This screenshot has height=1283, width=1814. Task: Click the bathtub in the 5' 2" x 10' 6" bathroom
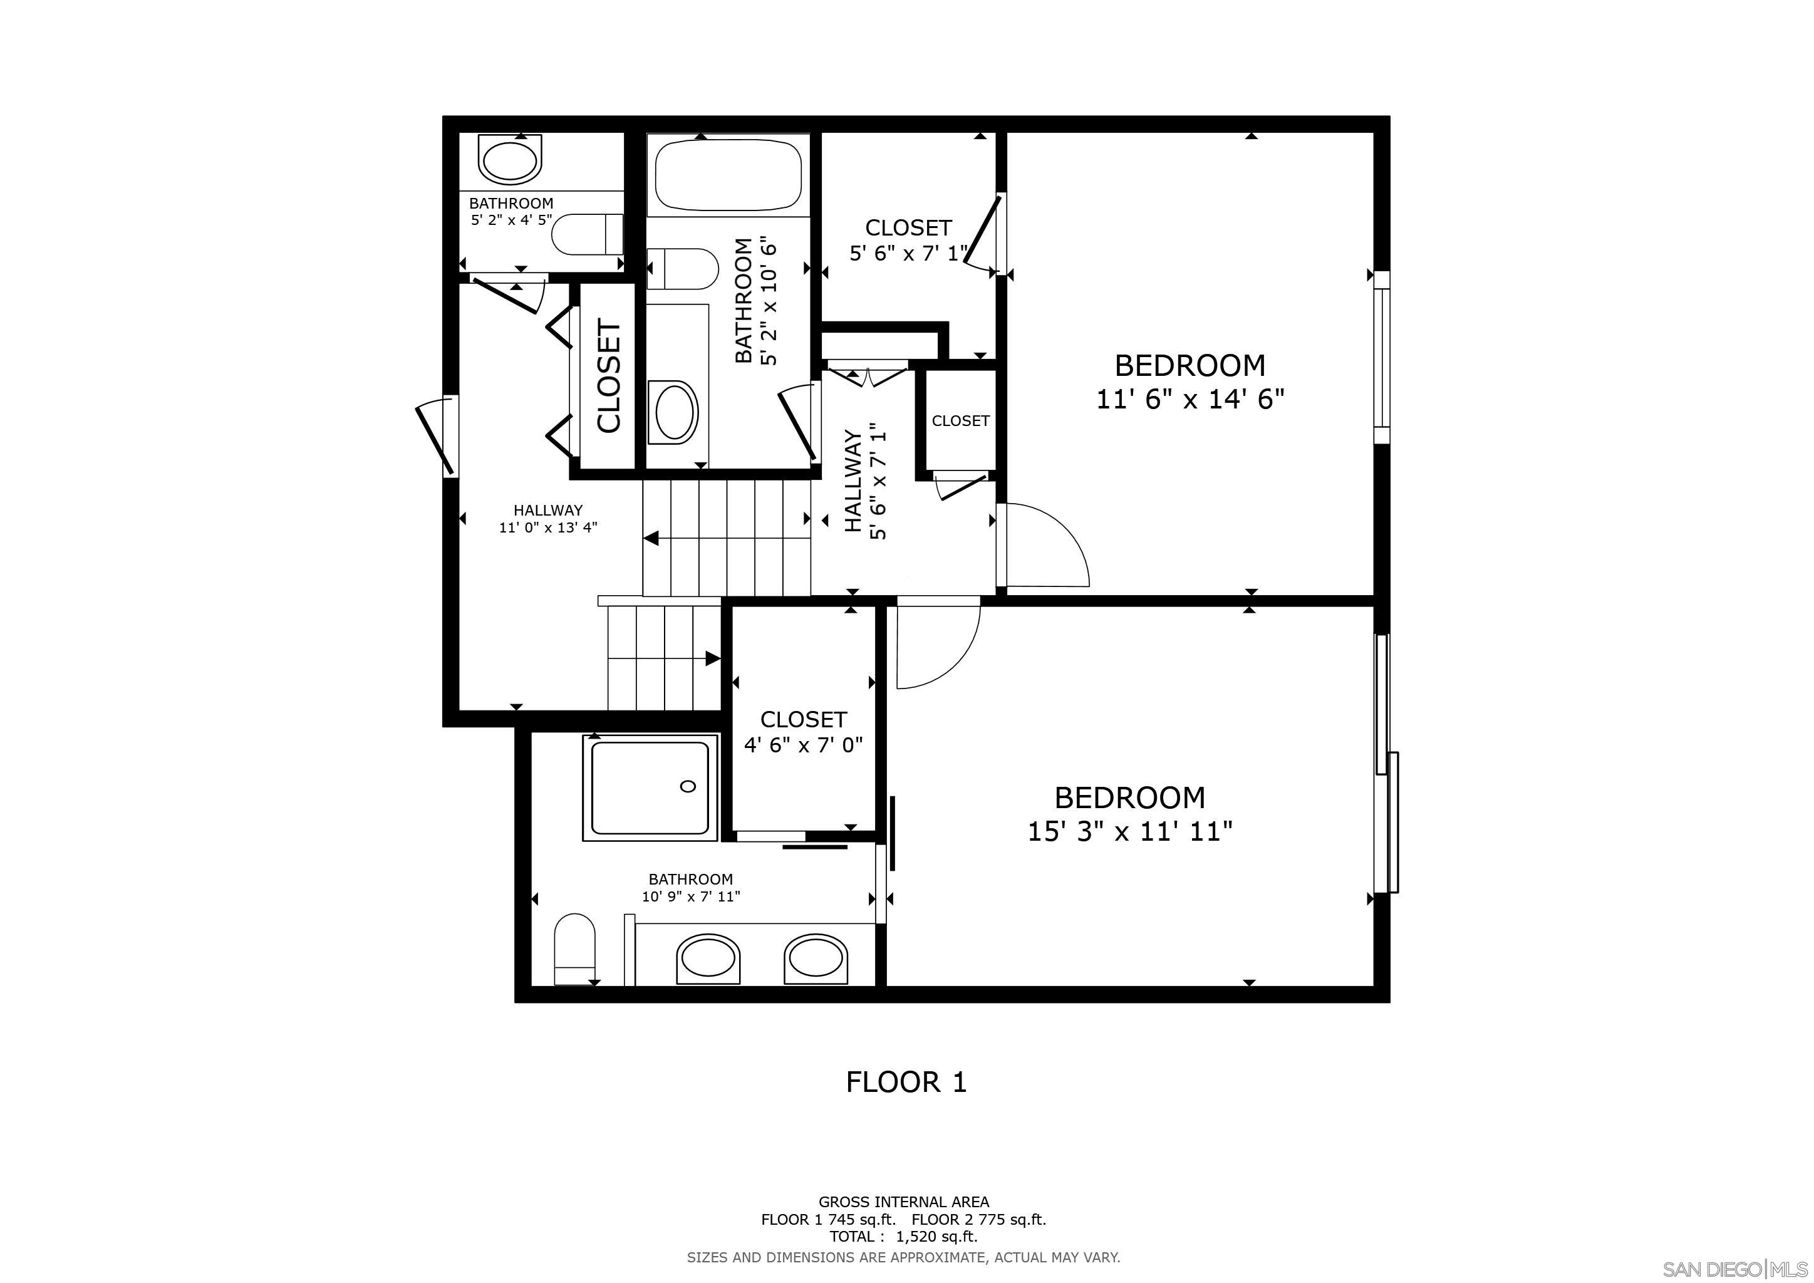coord(728,175)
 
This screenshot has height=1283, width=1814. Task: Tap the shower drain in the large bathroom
coord(687,786)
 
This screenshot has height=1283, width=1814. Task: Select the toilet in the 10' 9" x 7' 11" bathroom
coord(574,948)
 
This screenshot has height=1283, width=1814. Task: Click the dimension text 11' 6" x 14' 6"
coord(1190,400)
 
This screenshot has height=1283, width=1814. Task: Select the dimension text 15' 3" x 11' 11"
coord(1130,831)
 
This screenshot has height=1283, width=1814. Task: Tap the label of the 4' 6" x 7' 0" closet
coord(804,719)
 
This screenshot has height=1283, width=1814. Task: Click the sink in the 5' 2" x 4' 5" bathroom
coord(511,161)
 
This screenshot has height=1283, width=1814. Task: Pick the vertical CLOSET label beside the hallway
coord(609,376)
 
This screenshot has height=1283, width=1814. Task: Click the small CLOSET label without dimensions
coord(960,421)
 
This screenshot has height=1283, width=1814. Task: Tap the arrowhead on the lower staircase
coord(712,658)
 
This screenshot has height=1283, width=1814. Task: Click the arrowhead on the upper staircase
coord(652,539)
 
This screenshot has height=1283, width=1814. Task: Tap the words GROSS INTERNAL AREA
coord(903,1202)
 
